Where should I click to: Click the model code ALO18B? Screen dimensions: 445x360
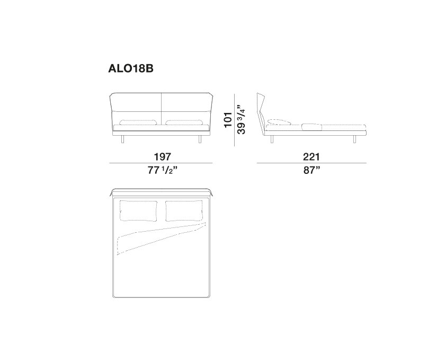coord(130,68)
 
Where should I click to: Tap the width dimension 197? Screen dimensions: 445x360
coord(162,156)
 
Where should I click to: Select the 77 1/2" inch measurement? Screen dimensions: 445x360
coord(162,170)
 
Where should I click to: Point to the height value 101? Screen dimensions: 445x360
coord(228,120)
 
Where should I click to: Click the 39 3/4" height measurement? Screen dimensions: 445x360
coord(241,120)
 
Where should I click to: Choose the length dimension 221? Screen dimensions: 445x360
coord(311,156)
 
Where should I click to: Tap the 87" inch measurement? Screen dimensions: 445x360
coord(311,170)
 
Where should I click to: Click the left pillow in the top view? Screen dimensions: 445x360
coord(139,211)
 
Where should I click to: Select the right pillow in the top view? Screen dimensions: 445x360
coord(184,211)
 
